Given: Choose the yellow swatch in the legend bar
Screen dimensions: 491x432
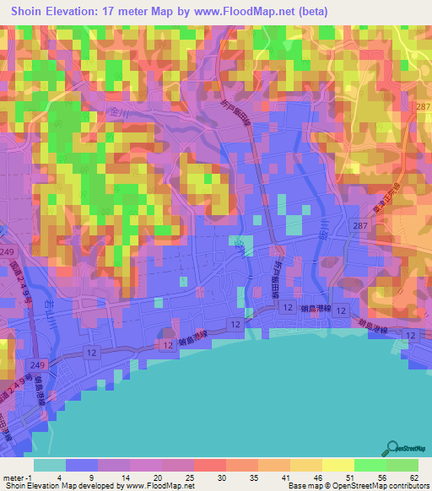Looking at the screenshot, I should click(337, 465).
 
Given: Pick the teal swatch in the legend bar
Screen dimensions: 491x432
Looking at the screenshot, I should click(49, 465).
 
